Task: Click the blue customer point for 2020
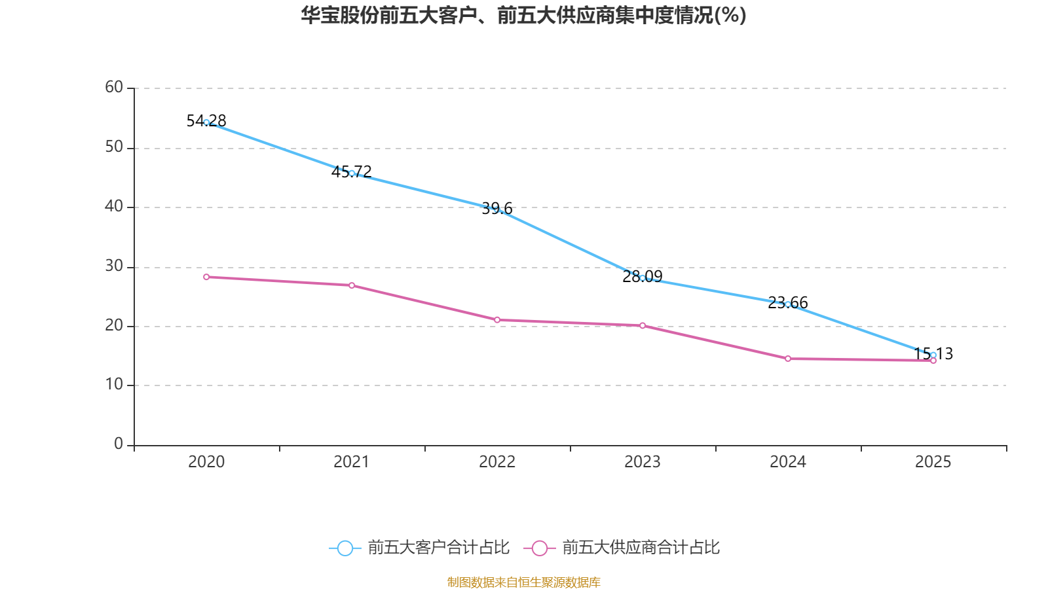point(206,122)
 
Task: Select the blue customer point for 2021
point(352,173)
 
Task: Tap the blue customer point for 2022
point(497,209)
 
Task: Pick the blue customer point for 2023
point(643,278)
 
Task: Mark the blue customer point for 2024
point(788,304)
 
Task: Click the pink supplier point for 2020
point(206,277)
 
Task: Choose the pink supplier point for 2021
point(352,285)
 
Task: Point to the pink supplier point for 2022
point(497,320)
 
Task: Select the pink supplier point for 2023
point(643,325)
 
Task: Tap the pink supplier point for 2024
point(788,359)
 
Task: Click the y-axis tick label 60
point(114,87)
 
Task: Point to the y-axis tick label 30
point(114,266)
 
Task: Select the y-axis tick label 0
point(119,444)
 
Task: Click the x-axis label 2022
point(497,462)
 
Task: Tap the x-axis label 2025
point(933,462)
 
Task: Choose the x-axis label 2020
point(206,462)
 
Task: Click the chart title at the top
point(523,15)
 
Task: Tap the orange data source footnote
point(523,582)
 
